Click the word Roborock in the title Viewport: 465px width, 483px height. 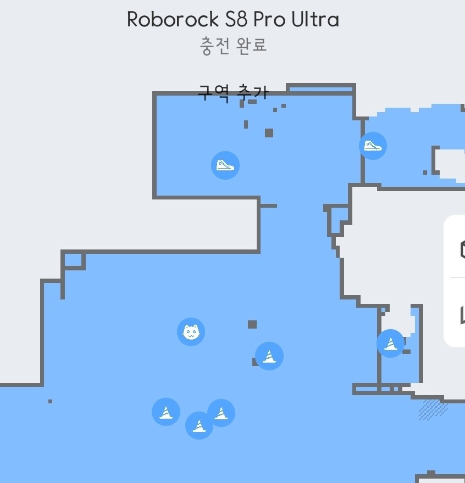click(173, 20)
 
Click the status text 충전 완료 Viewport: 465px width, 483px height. click(233, 45)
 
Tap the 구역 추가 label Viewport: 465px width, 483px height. click(233, 92)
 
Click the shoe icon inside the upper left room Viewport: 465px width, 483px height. click(225, 165)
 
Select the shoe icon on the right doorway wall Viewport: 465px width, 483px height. click(373, 146)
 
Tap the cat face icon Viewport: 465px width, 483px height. click(191, 332)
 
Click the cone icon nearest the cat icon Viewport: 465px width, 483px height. click(269, 356)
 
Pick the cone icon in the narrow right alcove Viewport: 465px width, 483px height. click(390, 343)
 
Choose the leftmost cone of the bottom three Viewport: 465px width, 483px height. click(166, 412)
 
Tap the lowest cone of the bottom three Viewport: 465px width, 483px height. click(199, 425)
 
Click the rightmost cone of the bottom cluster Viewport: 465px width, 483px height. click(221, 413)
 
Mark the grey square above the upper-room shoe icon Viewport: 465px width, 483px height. click(269, 132)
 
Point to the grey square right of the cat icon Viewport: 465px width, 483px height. click(252, 324)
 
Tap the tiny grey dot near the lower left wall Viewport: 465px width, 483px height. click(51, 401)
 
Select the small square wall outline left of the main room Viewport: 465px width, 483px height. click(73, 260)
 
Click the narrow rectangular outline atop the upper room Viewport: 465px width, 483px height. click(320, 88)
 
